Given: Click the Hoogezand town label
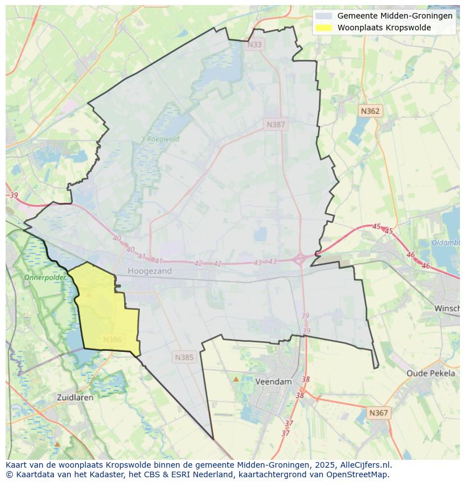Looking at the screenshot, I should [x=149, y=271].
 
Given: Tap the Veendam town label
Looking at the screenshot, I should [x=273, y=381].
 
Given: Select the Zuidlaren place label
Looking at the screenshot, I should [x=75, y=397].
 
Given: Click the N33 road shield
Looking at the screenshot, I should [x=254, y=44].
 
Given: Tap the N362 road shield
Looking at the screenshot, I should [x=370, y=111].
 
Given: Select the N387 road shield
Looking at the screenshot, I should [x=276, y=125].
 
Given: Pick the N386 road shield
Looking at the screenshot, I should [x=112, y=340].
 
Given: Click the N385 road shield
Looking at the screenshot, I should [x=184, y=357].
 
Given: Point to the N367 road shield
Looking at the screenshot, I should [x=379, y=413].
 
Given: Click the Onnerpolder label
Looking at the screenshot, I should [x=45, y=278].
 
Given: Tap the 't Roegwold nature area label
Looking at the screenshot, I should [x=160, y=139].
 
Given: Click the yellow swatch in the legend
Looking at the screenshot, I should [x=324, y=28].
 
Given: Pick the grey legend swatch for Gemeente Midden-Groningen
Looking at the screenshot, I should [x=324, y=16].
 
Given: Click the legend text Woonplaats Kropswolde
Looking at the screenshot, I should [x=384, y=28].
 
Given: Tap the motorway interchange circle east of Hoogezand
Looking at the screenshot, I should [x=300, y=259].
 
